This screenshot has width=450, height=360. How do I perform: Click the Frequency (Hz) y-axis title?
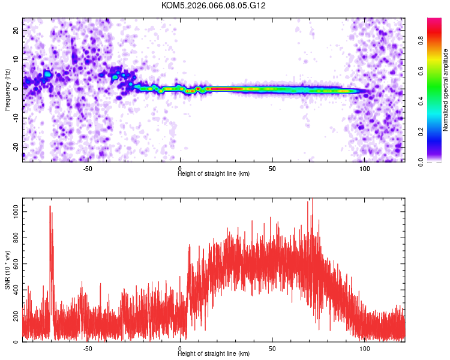point(7,90)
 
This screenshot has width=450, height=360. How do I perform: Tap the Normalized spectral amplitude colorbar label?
point(446,90)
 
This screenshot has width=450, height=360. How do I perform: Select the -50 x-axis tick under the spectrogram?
point(88,168)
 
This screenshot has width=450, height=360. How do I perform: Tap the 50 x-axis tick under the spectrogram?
point(272,168)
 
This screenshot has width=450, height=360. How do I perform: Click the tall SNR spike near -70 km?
point(50,207)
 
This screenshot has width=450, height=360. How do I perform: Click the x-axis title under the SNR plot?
point(214,354)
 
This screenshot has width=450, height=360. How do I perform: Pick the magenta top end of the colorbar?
point(434,20)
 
